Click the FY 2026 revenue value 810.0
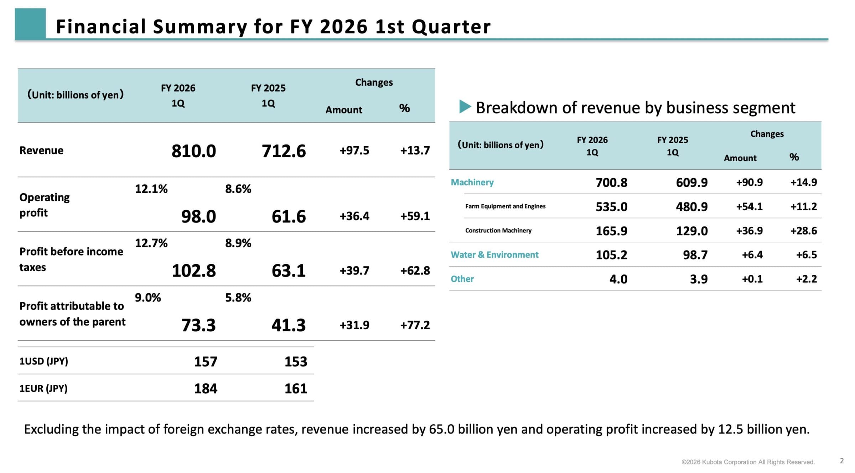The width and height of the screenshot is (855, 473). (x=193, y=151)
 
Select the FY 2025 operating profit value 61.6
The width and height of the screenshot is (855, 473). (x=289, y=216)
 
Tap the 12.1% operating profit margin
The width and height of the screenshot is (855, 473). (x=151, y=189)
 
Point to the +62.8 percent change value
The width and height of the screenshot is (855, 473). (x=415, y=270)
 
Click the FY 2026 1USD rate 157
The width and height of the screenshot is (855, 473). (x=206, y=362)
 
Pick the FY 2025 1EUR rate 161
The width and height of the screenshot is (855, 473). (x=296, y=388)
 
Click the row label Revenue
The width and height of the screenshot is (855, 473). (x=41, y=151)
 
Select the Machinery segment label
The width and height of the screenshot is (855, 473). (x=472, y=182)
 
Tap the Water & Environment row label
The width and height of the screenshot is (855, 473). (x=494, y=254)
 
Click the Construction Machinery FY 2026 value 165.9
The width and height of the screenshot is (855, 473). (x=611, y=231)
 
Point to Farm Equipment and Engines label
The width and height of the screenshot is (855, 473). (x=505, y=206)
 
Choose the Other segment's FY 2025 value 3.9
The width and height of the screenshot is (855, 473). (x=699, y=279)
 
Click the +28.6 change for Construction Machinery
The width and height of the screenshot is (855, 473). (x=804, y=231)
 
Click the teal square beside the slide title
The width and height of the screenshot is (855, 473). (x=30, y=23)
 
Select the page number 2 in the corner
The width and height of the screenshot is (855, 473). (x=842, y=461)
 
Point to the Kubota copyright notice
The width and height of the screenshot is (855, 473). (x=748, y=462)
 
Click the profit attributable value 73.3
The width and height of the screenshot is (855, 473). (x=198, y=325)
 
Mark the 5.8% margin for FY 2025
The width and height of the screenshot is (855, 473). (x=238, y=298)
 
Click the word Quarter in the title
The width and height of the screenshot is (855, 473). (x=451, y=27)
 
